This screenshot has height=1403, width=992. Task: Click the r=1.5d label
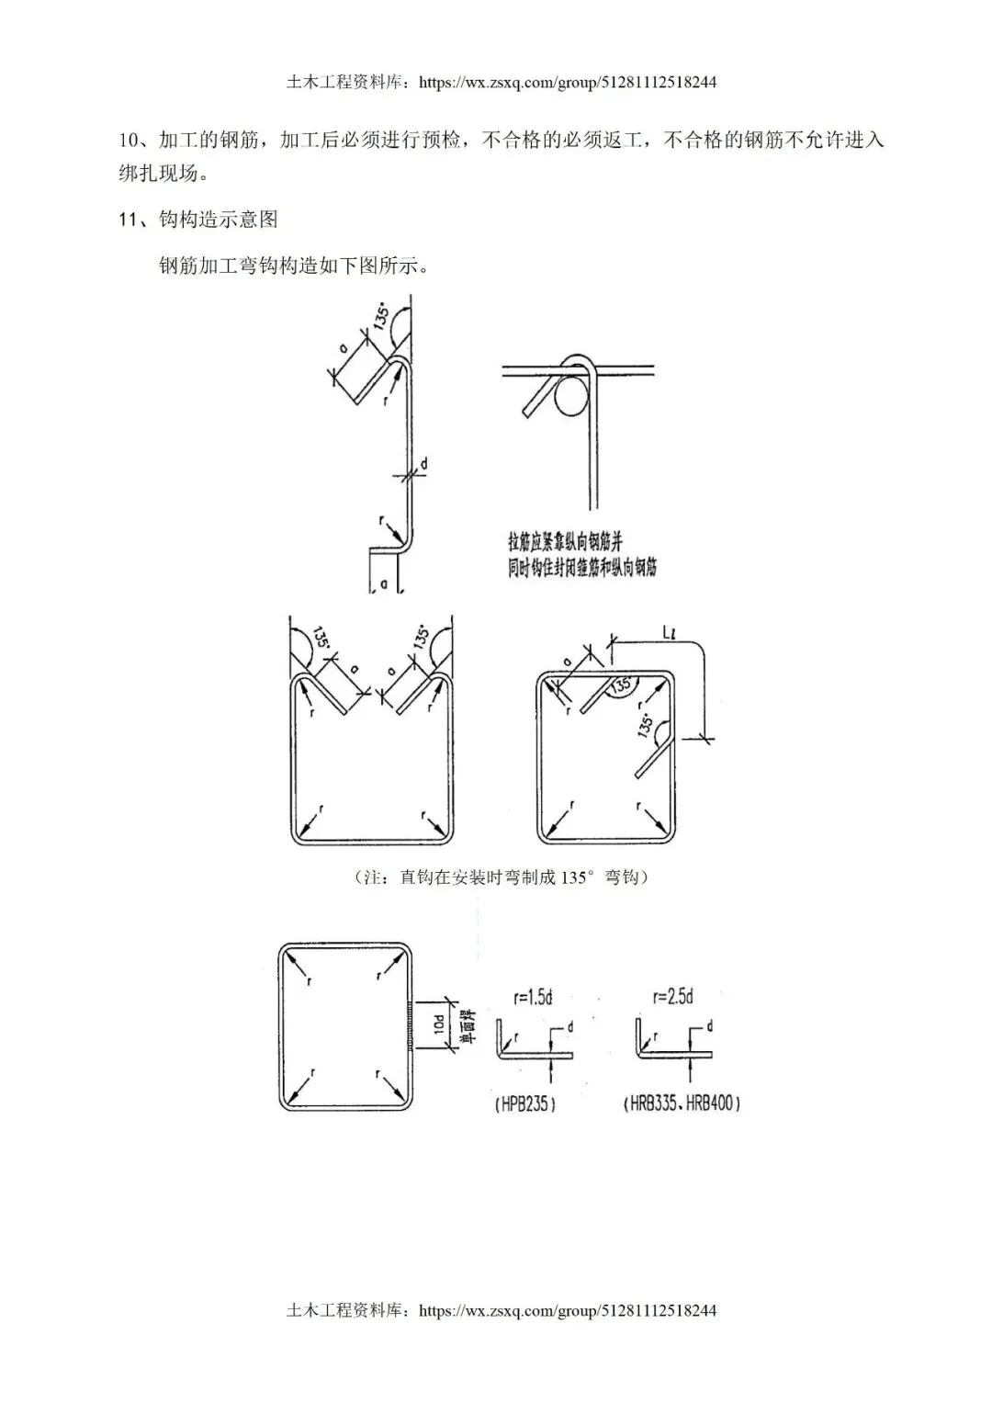pyautogui.click(x=533, y=998)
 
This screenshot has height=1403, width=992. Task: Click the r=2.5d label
pyautogui.click(x=672, y=997)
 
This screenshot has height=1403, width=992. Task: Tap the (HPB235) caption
pyautogui.click(x=524, y=1103)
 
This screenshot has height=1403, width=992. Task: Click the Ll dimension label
pyautogui.click(x=669, y=632)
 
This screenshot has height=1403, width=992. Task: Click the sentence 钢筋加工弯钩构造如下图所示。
pyautogui.click(x=293, y=266)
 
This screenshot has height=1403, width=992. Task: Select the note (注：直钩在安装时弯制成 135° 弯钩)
pyautogui.click(x=502, y=877)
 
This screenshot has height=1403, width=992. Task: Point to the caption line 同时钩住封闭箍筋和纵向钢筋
pyautogui.click(x=582, y=566)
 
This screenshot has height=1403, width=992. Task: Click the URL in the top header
pyautogui.click(x=567, y=83)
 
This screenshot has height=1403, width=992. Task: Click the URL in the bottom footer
pyautogui.click(x=567, y=1311)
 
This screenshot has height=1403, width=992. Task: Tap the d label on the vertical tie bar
pyautogui.click(x=424, y=465)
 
